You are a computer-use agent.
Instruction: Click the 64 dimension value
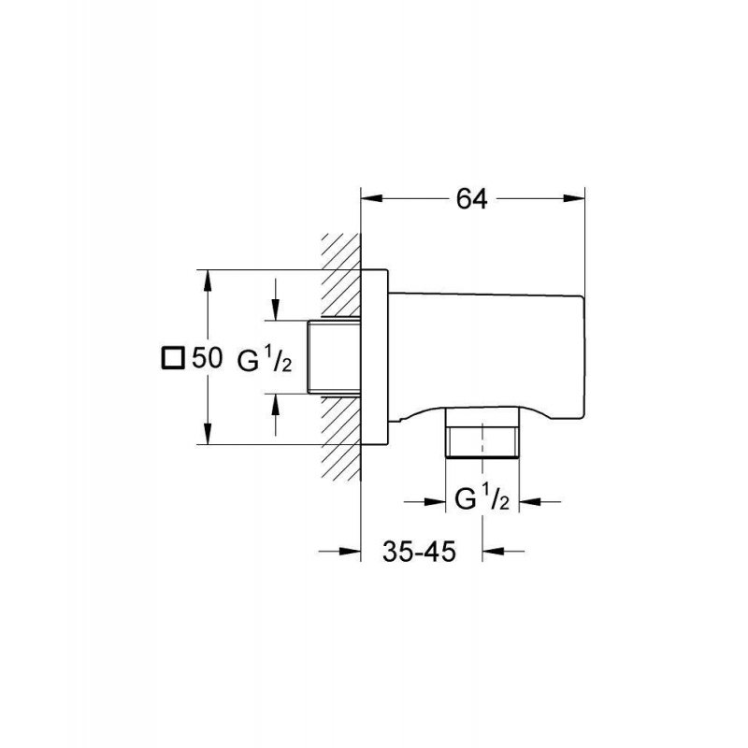coord(472,199)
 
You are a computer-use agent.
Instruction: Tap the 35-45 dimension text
coord(419,552)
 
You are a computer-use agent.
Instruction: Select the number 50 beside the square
coord(207,358)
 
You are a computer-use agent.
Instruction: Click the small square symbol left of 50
coord(172,358)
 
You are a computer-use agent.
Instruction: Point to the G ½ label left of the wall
coord(265,360)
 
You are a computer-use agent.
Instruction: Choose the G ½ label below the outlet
coord(482,500)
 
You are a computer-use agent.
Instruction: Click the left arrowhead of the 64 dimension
coord(372,199)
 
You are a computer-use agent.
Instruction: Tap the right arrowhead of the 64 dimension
coord(574,199)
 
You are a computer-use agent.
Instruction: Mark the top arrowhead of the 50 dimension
coord(207,281)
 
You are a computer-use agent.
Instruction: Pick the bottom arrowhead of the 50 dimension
coord(207,433)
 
